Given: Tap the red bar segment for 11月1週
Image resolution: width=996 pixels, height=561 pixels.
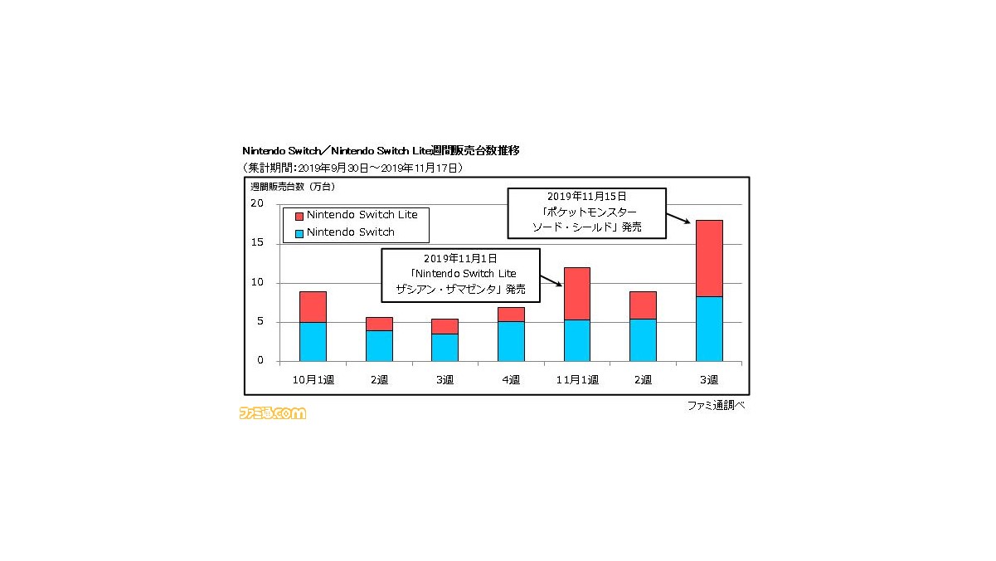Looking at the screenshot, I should tap(577, 293).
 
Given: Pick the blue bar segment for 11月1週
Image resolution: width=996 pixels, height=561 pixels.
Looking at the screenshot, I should tap(577, 340).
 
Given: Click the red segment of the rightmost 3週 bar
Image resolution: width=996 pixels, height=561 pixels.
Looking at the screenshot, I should tap(709, 258).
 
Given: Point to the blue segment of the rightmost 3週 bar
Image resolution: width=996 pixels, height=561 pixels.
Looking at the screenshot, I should tap(709, 329).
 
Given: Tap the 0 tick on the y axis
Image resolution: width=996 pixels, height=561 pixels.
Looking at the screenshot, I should tap(260, 361).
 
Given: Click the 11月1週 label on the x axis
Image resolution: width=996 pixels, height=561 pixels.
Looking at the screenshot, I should tap(577, 380).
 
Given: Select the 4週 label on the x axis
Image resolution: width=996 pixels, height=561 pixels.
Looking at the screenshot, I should tap(511, 380).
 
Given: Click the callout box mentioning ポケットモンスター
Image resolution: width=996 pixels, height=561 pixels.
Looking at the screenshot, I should tap(586, 212).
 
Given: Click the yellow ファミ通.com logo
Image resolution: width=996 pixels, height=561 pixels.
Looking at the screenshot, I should tap(273, 412).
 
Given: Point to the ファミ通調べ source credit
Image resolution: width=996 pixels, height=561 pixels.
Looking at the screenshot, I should tap(716, 405).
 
